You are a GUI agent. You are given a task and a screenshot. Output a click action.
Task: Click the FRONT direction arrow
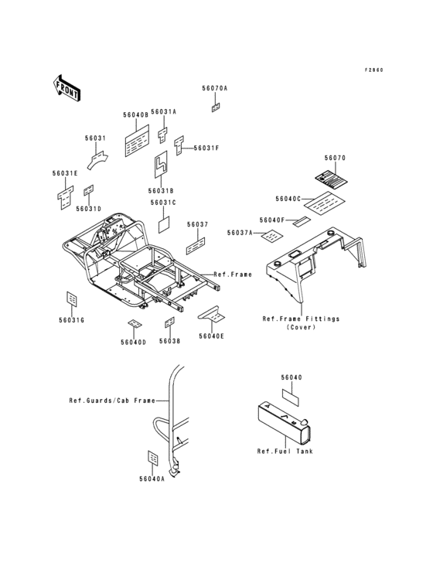66,87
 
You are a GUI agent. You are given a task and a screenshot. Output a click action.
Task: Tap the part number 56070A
215,88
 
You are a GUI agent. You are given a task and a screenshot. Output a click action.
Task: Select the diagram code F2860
373,70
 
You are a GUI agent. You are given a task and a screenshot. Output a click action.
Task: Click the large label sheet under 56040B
137,141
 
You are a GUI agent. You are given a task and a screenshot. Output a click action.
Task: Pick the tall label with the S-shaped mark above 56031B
161,164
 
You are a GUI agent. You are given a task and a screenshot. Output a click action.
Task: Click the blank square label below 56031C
164,224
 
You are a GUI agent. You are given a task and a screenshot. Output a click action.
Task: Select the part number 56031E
65,173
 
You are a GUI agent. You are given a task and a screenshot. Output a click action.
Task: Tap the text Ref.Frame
233,274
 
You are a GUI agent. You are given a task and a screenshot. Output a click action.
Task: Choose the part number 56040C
288,199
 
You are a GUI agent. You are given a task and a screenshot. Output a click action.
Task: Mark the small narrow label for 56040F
302,221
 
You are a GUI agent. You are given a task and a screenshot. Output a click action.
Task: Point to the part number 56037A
240,233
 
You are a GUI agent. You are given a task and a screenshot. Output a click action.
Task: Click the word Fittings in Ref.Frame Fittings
322,319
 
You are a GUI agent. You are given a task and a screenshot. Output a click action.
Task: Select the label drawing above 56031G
72,299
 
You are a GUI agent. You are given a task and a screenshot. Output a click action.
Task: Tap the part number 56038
169,341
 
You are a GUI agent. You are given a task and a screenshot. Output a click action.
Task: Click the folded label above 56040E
211,315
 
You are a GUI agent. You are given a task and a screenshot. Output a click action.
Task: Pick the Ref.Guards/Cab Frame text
112,401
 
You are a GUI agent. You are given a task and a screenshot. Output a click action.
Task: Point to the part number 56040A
152,479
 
